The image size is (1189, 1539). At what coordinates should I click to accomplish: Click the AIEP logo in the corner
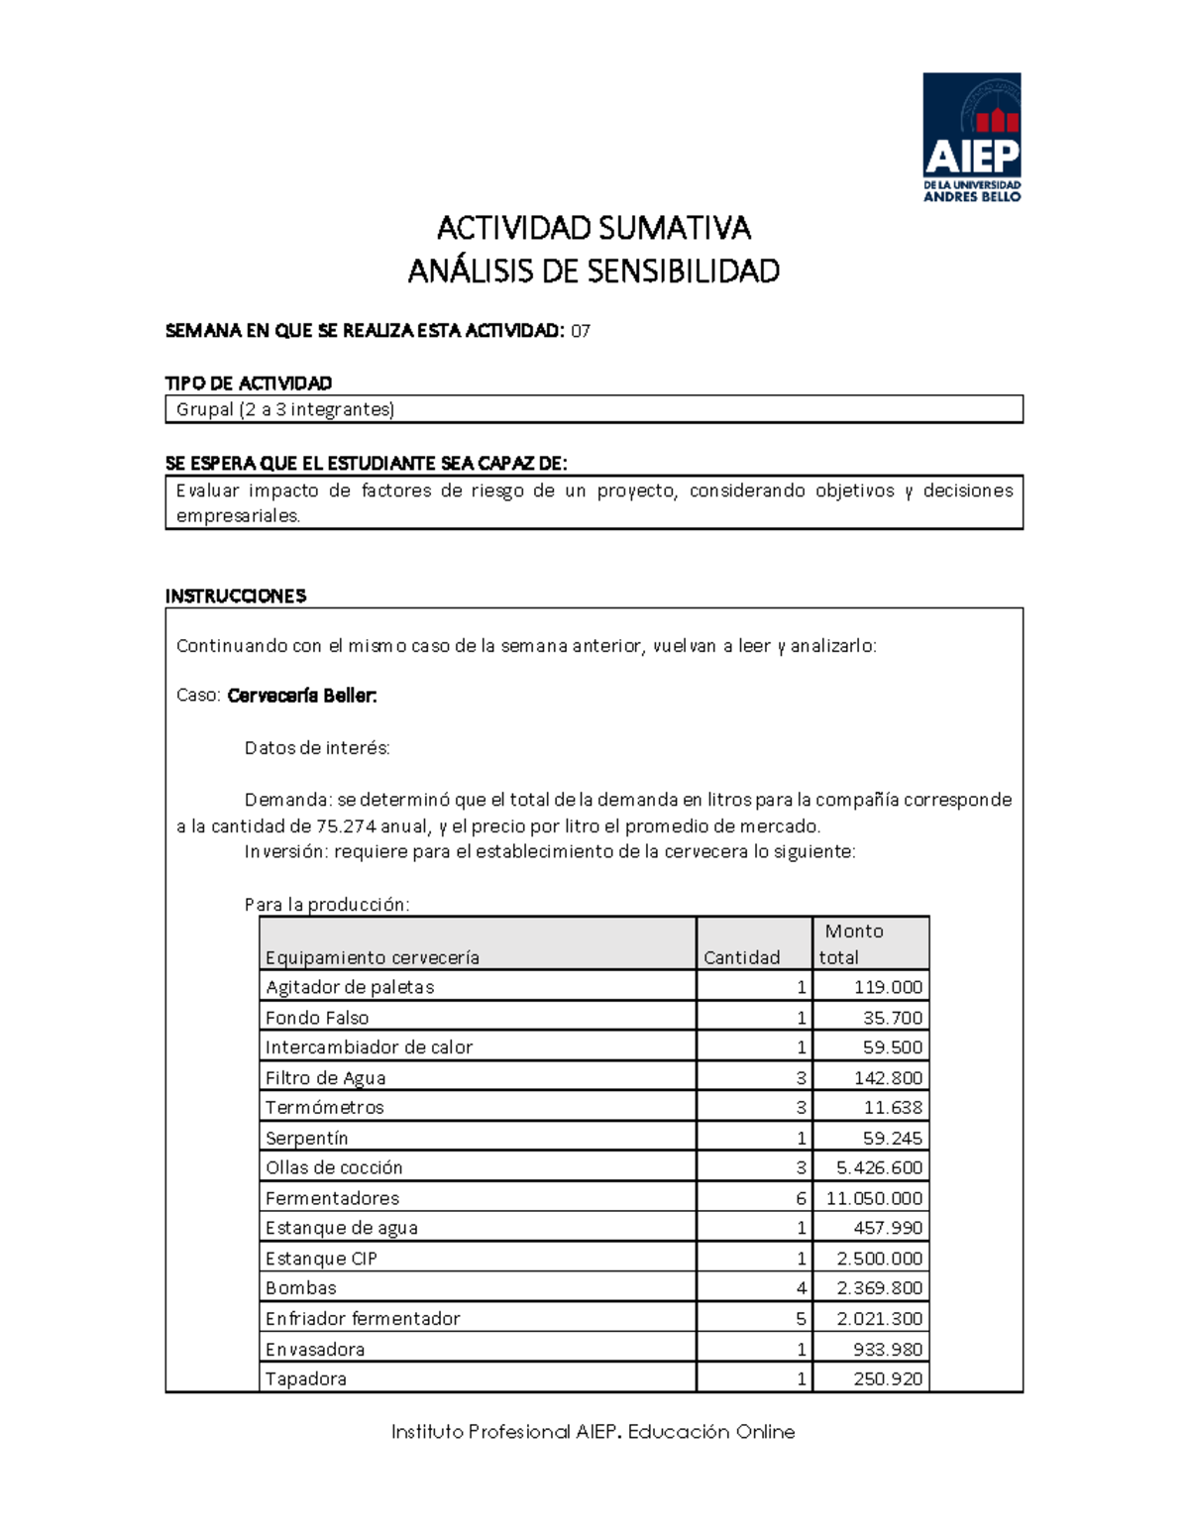tap(971, 137)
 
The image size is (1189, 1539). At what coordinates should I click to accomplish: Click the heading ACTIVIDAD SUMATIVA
tap(594, 229)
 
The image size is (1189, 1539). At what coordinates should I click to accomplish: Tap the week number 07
tap(581, 332)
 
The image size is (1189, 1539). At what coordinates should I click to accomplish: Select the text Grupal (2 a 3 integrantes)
tap(285, 409)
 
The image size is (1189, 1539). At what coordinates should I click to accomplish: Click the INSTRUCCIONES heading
tap(236, 596)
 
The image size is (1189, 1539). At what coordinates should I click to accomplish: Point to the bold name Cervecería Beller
tap(302, 696)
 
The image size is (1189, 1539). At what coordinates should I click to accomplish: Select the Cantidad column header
tap(741, 957)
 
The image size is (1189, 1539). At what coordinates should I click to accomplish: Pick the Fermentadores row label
tap(332, 1198)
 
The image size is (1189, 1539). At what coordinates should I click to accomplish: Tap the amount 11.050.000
tap(874, 1198)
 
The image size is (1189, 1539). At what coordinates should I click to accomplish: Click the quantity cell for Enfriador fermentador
tap(801, 1319)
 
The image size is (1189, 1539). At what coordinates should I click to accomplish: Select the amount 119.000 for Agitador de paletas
tap(888, 987)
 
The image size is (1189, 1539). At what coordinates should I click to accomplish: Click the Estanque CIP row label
tap(321, 1259)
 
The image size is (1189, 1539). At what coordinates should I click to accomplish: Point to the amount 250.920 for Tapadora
tap(888, 1379)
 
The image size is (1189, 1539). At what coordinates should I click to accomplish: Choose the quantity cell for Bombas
tap(801, 1288)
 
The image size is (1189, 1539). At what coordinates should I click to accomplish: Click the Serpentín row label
tap(307, 1138)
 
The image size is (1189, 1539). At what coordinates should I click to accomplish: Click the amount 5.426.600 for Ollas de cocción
tap(879, 1167)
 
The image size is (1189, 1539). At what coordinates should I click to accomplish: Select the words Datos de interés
tap(317, 748)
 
